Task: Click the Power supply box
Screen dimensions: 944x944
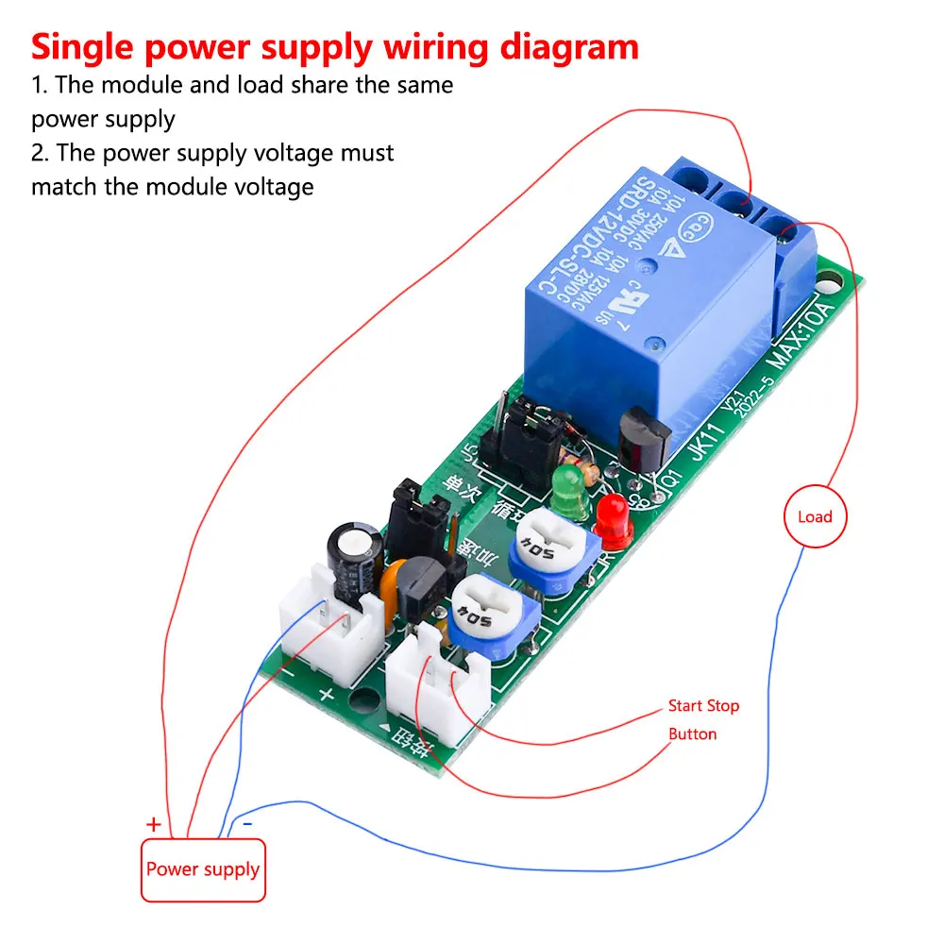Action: (x=204, y=868)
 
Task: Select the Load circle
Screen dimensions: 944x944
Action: (x=815, y=516)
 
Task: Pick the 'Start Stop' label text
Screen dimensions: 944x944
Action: (x=703, y=705)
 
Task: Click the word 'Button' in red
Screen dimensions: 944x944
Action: (x=692, y=733)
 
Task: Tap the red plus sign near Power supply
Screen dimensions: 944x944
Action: (x=154, y=824)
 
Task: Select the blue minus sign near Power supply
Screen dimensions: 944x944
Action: (x=247, y=823)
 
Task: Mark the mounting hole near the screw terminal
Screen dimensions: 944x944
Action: (x=829, y=281)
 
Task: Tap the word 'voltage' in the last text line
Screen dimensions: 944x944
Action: (x=267, y=186)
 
